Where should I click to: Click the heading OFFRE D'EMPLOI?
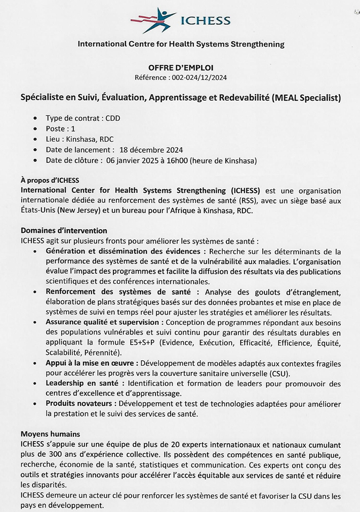click(181, 68)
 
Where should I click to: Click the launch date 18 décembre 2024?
click(151, 150)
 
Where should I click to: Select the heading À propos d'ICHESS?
click(50, 180)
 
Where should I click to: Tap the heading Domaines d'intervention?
click(64, 231)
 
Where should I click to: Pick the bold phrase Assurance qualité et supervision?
click(104, 322)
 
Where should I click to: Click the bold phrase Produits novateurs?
click(82, 404)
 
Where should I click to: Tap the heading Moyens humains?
click(50, 434)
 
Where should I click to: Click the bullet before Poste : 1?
click(34, 129)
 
